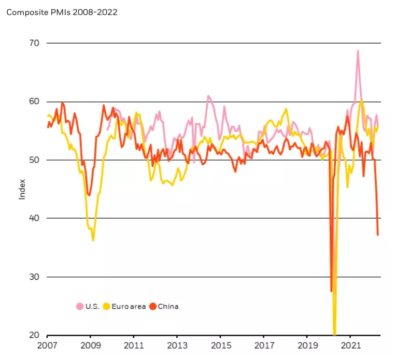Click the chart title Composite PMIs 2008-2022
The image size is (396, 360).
point(62,12)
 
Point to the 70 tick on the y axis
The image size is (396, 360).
point(35,43)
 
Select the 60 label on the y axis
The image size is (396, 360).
point(35,102)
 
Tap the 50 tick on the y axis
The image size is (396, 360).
point(35,160)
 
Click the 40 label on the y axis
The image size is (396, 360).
point(35,219)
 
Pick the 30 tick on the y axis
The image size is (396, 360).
point(35,277)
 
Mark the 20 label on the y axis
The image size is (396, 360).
point(35,336)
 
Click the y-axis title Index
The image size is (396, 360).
point(22,189)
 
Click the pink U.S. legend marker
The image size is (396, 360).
point(80,307)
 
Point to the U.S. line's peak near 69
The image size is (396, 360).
point(358,51)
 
